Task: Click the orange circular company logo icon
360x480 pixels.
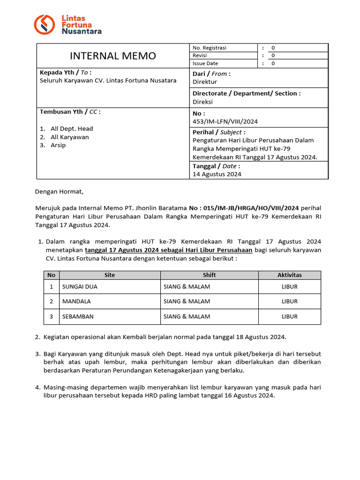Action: pos(45,24)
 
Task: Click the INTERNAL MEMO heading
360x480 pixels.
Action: pos(112,56)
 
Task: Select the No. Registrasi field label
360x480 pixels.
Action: pos(209,48)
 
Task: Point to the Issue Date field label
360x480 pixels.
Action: pos(205,63)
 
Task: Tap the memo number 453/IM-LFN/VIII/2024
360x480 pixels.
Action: pos(225,121)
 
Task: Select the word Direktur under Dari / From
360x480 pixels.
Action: pos(205,82)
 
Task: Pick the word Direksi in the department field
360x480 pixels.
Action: pos(202,101)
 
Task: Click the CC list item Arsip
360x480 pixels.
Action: pos(58,145)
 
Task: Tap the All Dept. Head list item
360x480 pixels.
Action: pos(72,128)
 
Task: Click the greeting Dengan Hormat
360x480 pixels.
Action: pos(59,191)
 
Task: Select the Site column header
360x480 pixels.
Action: pos(110,275)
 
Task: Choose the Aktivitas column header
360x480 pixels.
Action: pos(289,275)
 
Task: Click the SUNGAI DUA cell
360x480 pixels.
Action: pos(80,286)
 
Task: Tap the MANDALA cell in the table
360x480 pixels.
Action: pos(76,301)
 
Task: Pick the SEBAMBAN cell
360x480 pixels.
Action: pos(78,316)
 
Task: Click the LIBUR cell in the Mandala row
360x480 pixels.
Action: pos(289,301)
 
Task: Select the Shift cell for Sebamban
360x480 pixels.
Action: pos(187,316)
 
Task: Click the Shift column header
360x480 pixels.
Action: pos(209,275)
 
